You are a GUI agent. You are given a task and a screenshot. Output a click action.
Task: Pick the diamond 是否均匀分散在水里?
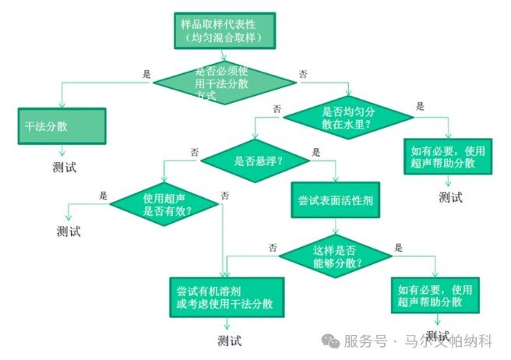pyautogui.click(x=347, y=117)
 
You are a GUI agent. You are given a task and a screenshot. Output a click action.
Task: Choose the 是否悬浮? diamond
pyautogui.click(x=258, y=161)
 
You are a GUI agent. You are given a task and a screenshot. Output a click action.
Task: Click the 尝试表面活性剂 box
pyautogui.click(x=336, y=200)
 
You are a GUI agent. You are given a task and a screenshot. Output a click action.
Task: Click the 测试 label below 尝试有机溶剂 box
pyautogui.click(x=230, y=341)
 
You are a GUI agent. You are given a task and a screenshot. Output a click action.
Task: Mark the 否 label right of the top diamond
pyautogui.click(x=303, y=74)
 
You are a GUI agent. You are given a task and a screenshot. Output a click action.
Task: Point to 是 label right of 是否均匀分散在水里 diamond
pyautogui.click(x=421, y=105)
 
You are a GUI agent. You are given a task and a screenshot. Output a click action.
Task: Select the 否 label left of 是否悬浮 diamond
pyautogui.click(x=194, y=150)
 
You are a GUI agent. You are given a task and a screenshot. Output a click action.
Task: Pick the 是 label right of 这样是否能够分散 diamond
pyautogui.click(x=399, y=248)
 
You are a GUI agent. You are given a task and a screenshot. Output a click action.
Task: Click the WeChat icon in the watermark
pyautogui.click(x=332, y=341)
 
